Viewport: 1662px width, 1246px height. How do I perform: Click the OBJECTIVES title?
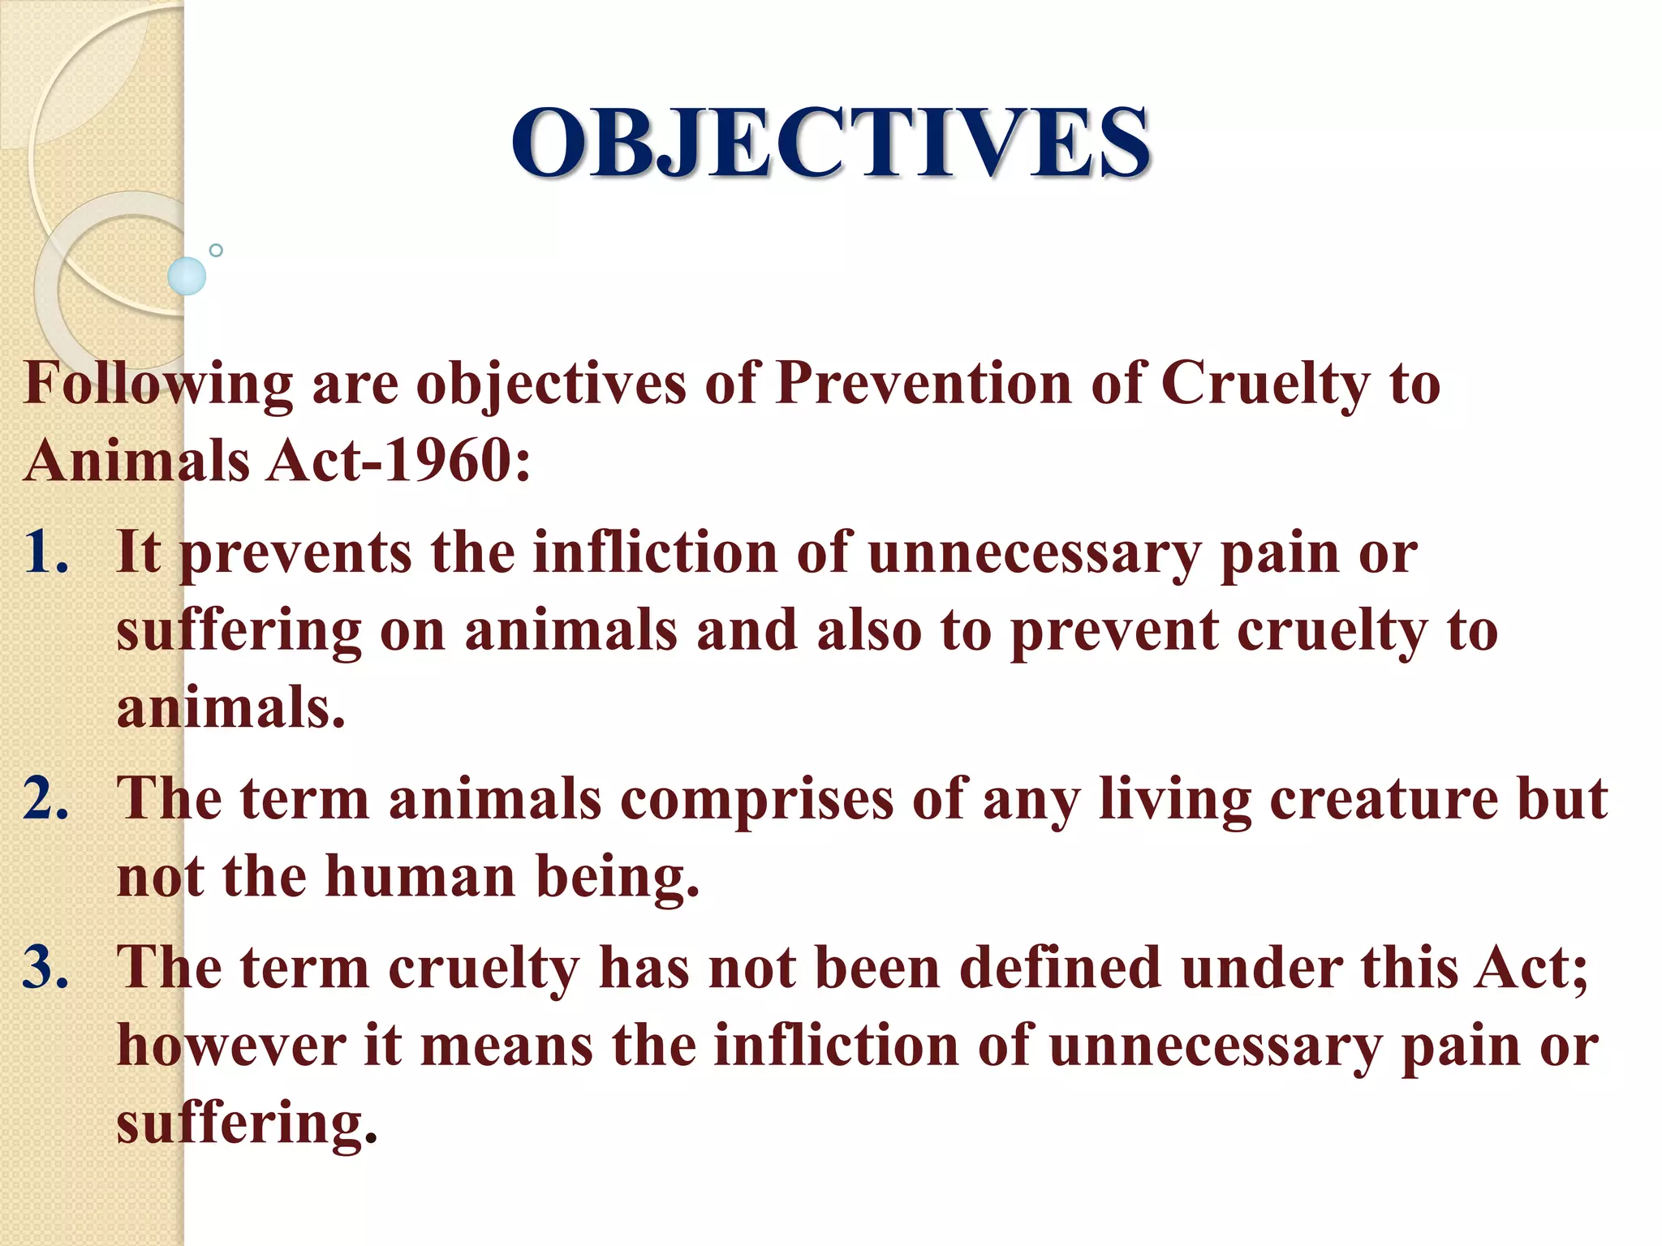pyautogui.click(x=830, y=144)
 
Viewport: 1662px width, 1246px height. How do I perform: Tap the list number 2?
pyautogui.click(x=47, y=799)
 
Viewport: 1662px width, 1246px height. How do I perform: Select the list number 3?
pyautogui.click(x=47, y=968)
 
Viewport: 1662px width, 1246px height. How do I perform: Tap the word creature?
pyautogui.click(x=1383, y=800)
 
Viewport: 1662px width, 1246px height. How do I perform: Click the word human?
pyautogui.click(x=420, y=878)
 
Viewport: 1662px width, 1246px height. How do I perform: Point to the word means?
pyautogui.click(x=507, y=1046)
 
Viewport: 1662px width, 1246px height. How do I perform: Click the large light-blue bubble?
pyautogui.click(x=187, y=276)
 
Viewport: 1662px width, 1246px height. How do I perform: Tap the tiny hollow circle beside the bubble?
pyautogui.click(x=216, y=250)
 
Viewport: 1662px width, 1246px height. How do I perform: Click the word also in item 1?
pyautogui.click(x=869, y=631)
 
